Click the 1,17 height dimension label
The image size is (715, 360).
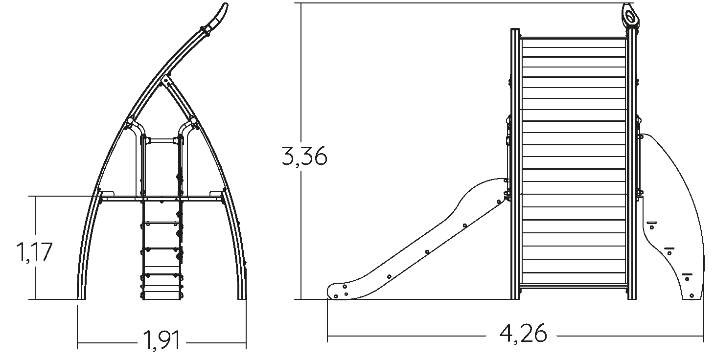click(34, 252)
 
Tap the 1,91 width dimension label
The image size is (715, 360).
click(161, 340)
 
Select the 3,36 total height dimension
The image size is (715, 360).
click(304, 156)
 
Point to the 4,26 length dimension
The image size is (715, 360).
click(523, 334)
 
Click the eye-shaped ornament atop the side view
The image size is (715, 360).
click(630, 15)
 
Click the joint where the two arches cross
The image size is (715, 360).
click(166, 79)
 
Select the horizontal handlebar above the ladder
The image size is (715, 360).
click(161, 140)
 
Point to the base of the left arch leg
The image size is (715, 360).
click(82, 297)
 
